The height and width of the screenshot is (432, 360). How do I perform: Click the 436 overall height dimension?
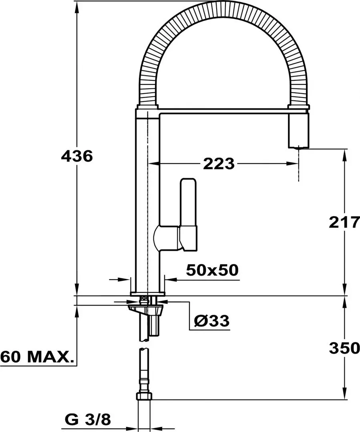tap(76, 156)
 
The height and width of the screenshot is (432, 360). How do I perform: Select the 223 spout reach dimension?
tap(218, 163)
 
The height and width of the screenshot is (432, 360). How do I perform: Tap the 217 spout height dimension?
tap(344, 222)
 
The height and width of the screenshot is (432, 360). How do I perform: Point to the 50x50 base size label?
tap(212, 270)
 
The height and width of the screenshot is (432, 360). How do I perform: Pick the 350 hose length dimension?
tap(344, 348)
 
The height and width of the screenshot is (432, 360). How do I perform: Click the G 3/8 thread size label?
tap(87, 420)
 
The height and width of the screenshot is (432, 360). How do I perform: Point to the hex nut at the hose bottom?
tap(144, 396)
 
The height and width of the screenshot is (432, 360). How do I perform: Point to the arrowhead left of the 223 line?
tap(154, 163)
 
